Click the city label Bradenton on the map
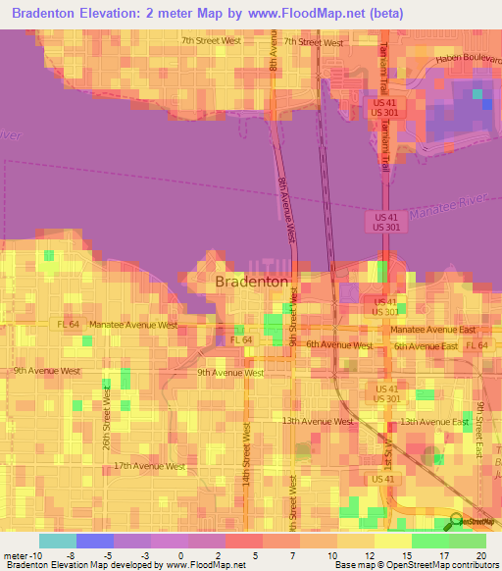point(251,282)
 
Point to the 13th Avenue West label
point(317,421)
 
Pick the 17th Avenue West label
point(149,466)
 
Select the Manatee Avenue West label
point(133,324)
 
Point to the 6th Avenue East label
point(426,346)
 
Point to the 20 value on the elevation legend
point(480,554)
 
